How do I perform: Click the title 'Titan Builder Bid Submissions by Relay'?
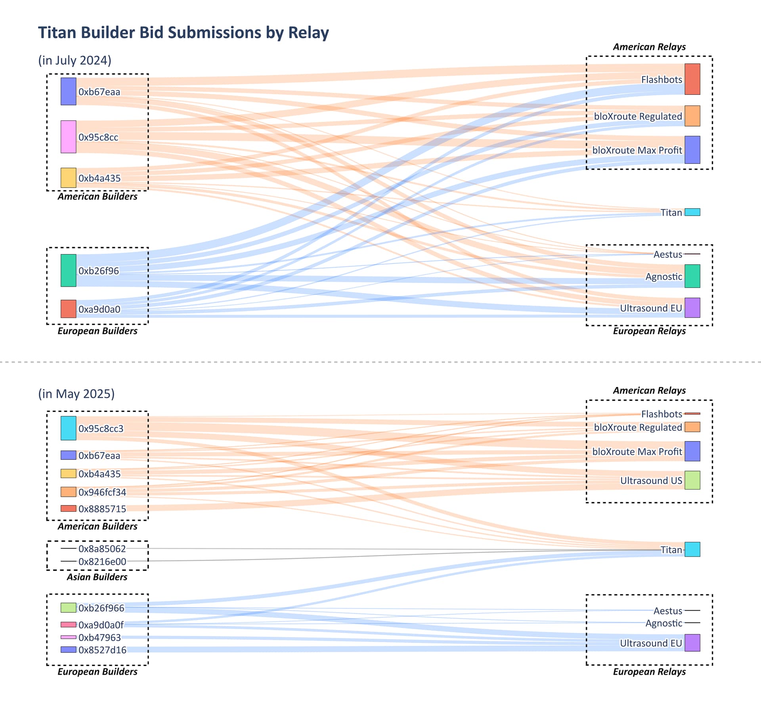(183, 33)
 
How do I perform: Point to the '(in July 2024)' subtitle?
(75, 60)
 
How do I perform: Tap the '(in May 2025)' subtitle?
(76, 394)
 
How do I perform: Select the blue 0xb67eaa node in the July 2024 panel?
(68, 92)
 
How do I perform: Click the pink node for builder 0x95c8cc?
(68, 137)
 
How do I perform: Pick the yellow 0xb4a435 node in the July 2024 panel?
(68, 178)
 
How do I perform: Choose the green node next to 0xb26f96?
(68, 270)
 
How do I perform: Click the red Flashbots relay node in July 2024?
(692, 79)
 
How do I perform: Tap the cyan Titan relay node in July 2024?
(692, 212)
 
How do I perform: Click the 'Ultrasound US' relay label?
(651, 480)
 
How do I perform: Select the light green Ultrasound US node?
(692, 480)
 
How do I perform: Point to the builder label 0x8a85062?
(102, 549)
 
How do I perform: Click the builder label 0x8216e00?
(102, 561)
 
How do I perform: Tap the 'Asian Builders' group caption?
(97, 577)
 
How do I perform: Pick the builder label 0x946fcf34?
(102, 492)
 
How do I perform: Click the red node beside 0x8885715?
(68, 508)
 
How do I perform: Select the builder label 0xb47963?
(99, 637)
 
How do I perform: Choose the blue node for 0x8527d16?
(68, 650)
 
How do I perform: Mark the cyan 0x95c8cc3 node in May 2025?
(68, 428)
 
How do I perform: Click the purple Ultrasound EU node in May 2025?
(692, 643)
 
